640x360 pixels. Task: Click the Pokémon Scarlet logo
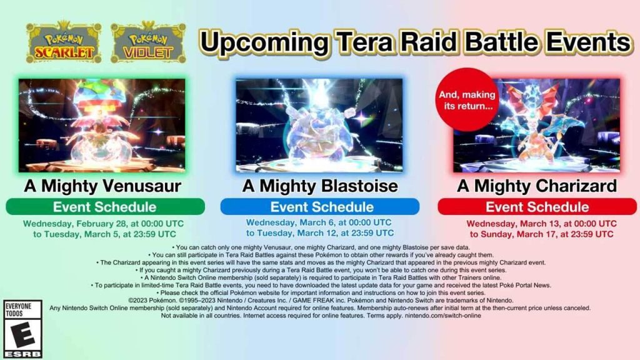point(64,42)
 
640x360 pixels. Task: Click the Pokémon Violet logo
point(148,42)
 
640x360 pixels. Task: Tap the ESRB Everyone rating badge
point(23,329)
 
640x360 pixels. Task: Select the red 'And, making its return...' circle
point(467,99)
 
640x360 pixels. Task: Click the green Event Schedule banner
point(105,206)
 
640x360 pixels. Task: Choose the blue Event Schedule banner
point(320,206)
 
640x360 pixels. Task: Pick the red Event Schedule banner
point(537,206)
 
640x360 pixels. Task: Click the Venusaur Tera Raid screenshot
point(102,125)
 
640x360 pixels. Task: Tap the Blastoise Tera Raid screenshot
point(319,125)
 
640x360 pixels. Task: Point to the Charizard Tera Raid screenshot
point(536,125)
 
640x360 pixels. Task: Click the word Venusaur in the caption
point(142,186)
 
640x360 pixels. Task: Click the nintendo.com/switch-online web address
point(443,316)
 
